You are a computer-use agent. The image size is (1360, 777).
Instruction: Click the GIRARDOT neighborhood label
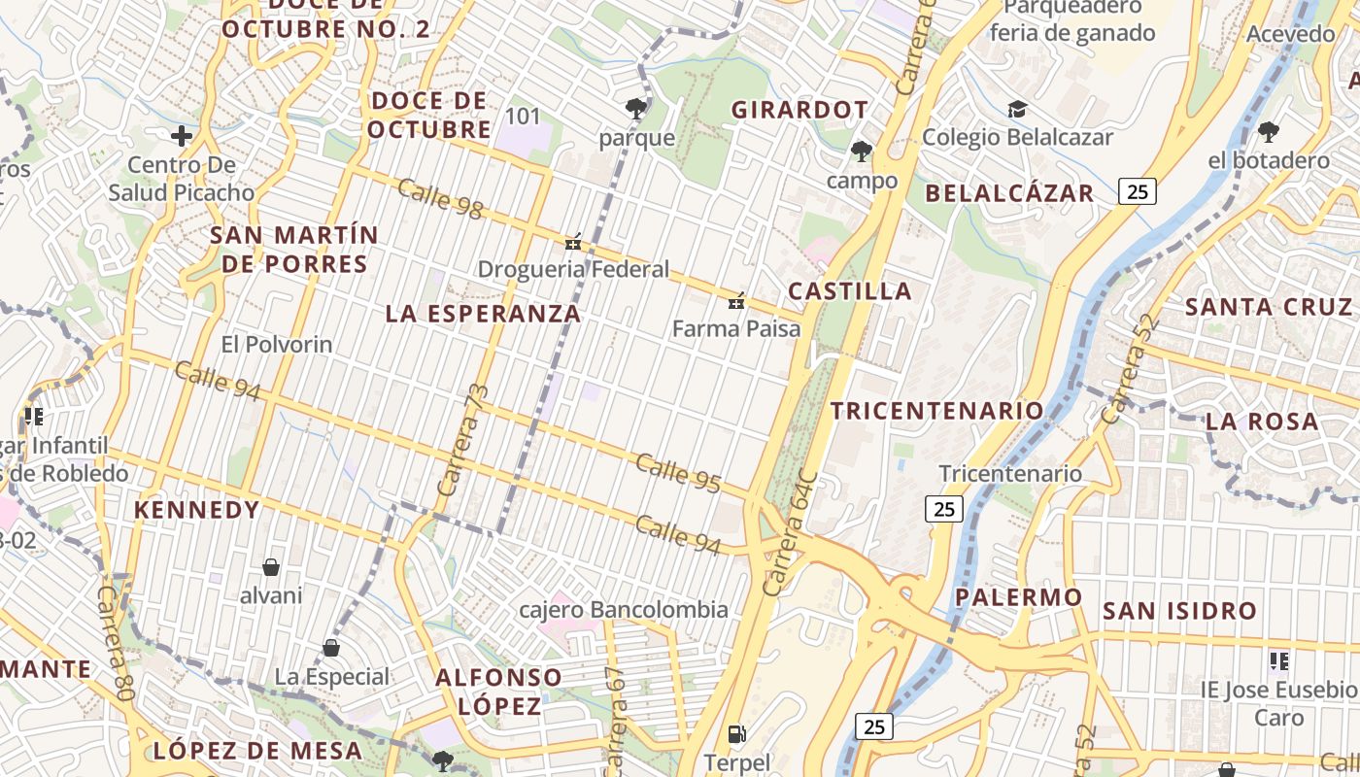point(799,110)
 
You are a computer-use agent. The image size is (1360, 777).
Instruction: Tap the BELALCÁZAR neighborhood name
point(1009,193)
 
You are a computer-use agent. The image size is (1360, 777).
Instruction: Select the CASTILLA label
point(850,291)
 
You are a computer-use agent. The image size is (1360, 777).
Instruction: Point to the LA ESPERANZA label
point(483,314)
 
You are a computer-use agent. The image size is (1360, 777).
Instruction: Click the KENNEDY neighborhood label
point(197,510)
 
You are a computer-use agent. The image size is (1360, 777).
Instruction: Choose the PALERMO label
point(1018,597)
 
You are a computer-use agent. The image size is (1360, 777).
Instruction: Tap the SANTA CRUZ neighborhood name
point(1269,308)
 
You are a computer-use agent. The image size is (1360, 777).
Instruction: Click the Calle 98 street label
point(440,199)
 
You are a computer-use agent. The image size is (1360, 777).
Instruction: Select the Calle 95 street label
point(678,470)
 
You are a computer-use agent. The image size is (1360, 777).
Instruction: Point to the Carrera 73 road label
point(462,440)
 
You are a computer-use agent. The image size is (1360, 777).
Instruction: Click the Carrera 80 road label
point(114,636)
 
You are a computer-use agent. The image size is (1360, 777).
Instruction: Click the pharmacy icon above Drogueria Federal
point(573,242)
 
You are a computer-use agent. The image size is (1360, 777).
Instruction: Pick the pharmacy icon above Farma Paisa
point(736,301)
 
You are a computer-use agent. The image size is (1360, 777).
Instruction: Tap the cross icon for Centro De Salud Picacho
point(181,136)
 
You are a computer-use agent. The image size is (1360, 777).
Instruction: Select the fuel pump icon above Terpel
point(736,734)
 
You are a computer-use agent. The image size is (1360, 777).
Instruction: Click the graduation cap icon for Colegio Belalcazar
point(1017,109)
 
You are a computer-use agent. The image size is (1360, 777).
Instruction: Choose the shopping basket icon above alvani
point(271,567)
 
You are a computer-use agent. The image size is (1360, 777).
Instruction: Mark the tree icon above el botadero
point(1268,132)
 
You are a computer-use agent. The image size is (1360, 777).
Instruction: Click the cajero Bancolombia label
point(624,610)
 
